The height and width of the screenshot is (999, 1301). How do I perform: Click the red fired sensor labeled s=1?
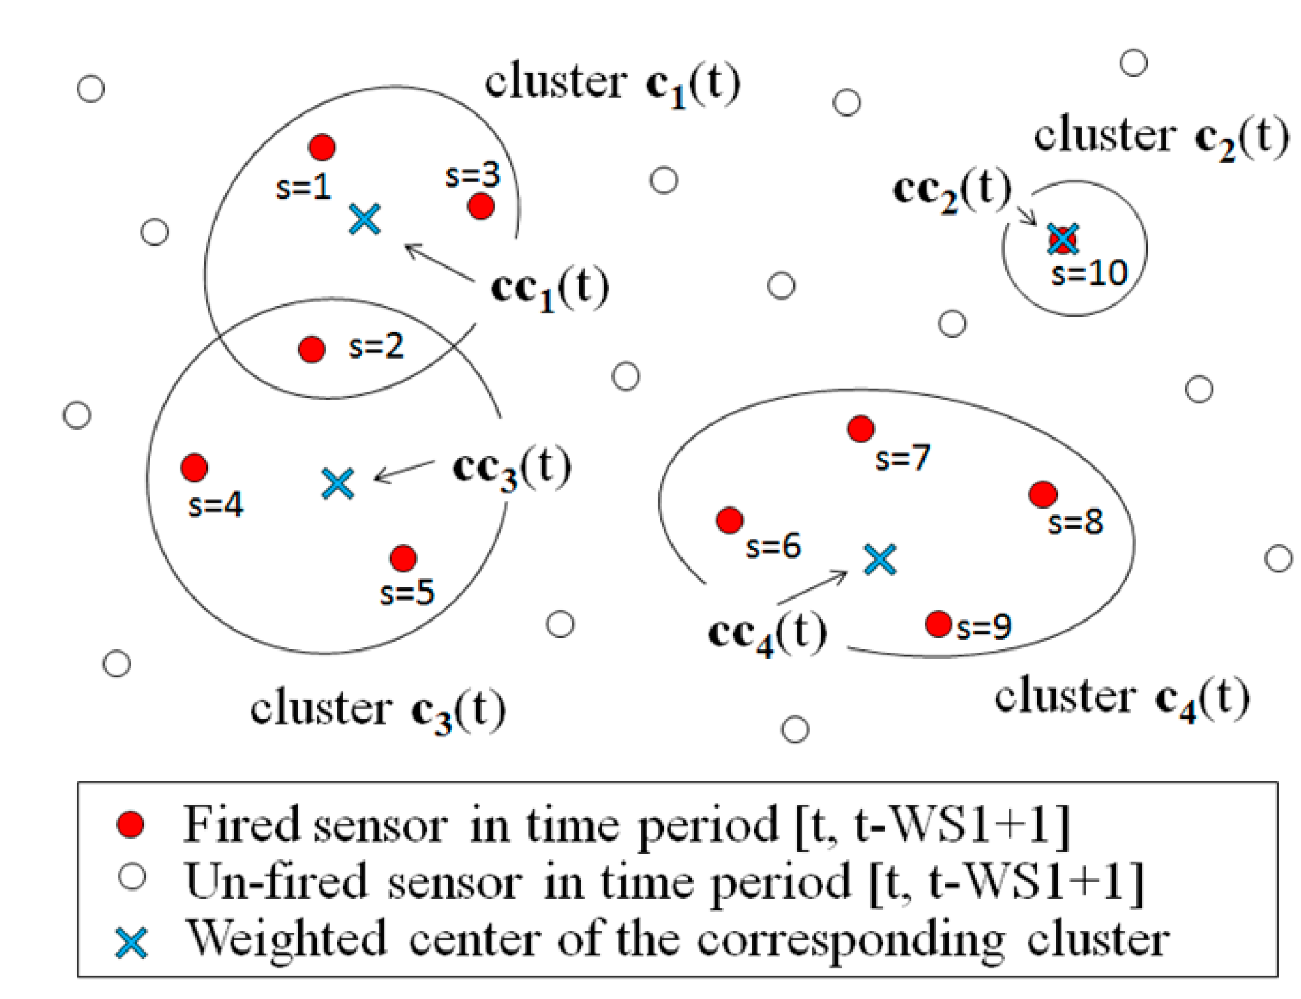(322, 147)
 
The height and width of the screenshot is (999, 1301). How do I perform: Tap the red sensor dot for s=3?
(481, 206)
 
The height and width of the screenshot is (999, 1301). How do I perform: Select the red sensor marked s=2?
(312, 349)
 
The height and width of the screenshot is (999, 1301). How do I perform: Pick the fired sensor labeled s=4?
(194, 467)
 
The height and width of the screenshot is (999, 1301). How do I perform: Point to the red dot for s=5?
(404, 558)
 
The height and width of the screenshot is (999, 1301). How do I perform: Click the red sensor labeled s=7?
(861, 429)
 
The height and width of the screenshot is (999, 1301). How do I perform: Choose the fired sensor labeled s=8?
(1043, 495)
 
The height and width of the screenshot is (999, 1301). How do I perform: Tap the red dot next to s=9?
(938, 624)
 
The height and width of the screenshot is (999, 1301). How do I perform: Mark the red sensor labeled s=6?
(729, 520)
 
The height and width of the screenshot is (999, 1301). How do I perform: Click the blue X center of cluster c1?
(365, 219)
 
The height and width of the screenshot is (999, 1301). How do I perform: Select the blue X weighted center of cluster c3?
(338, 483)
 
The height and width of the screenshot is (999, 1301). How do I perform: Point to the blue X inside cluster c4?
(880, 559)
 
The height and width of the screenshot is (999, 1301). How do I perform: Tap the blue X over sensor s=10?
(1063, 239)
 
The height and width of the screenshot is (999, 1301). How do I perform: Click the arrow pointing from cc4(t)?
(812, 587)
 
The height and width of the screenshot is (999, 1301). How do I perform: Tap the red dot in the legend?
(130, 824)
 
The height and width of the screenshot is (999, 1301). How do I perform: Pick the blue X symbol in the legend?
(131, 942)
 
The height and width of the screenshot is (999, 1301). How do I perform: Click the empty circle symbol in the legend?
(132, 877)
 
